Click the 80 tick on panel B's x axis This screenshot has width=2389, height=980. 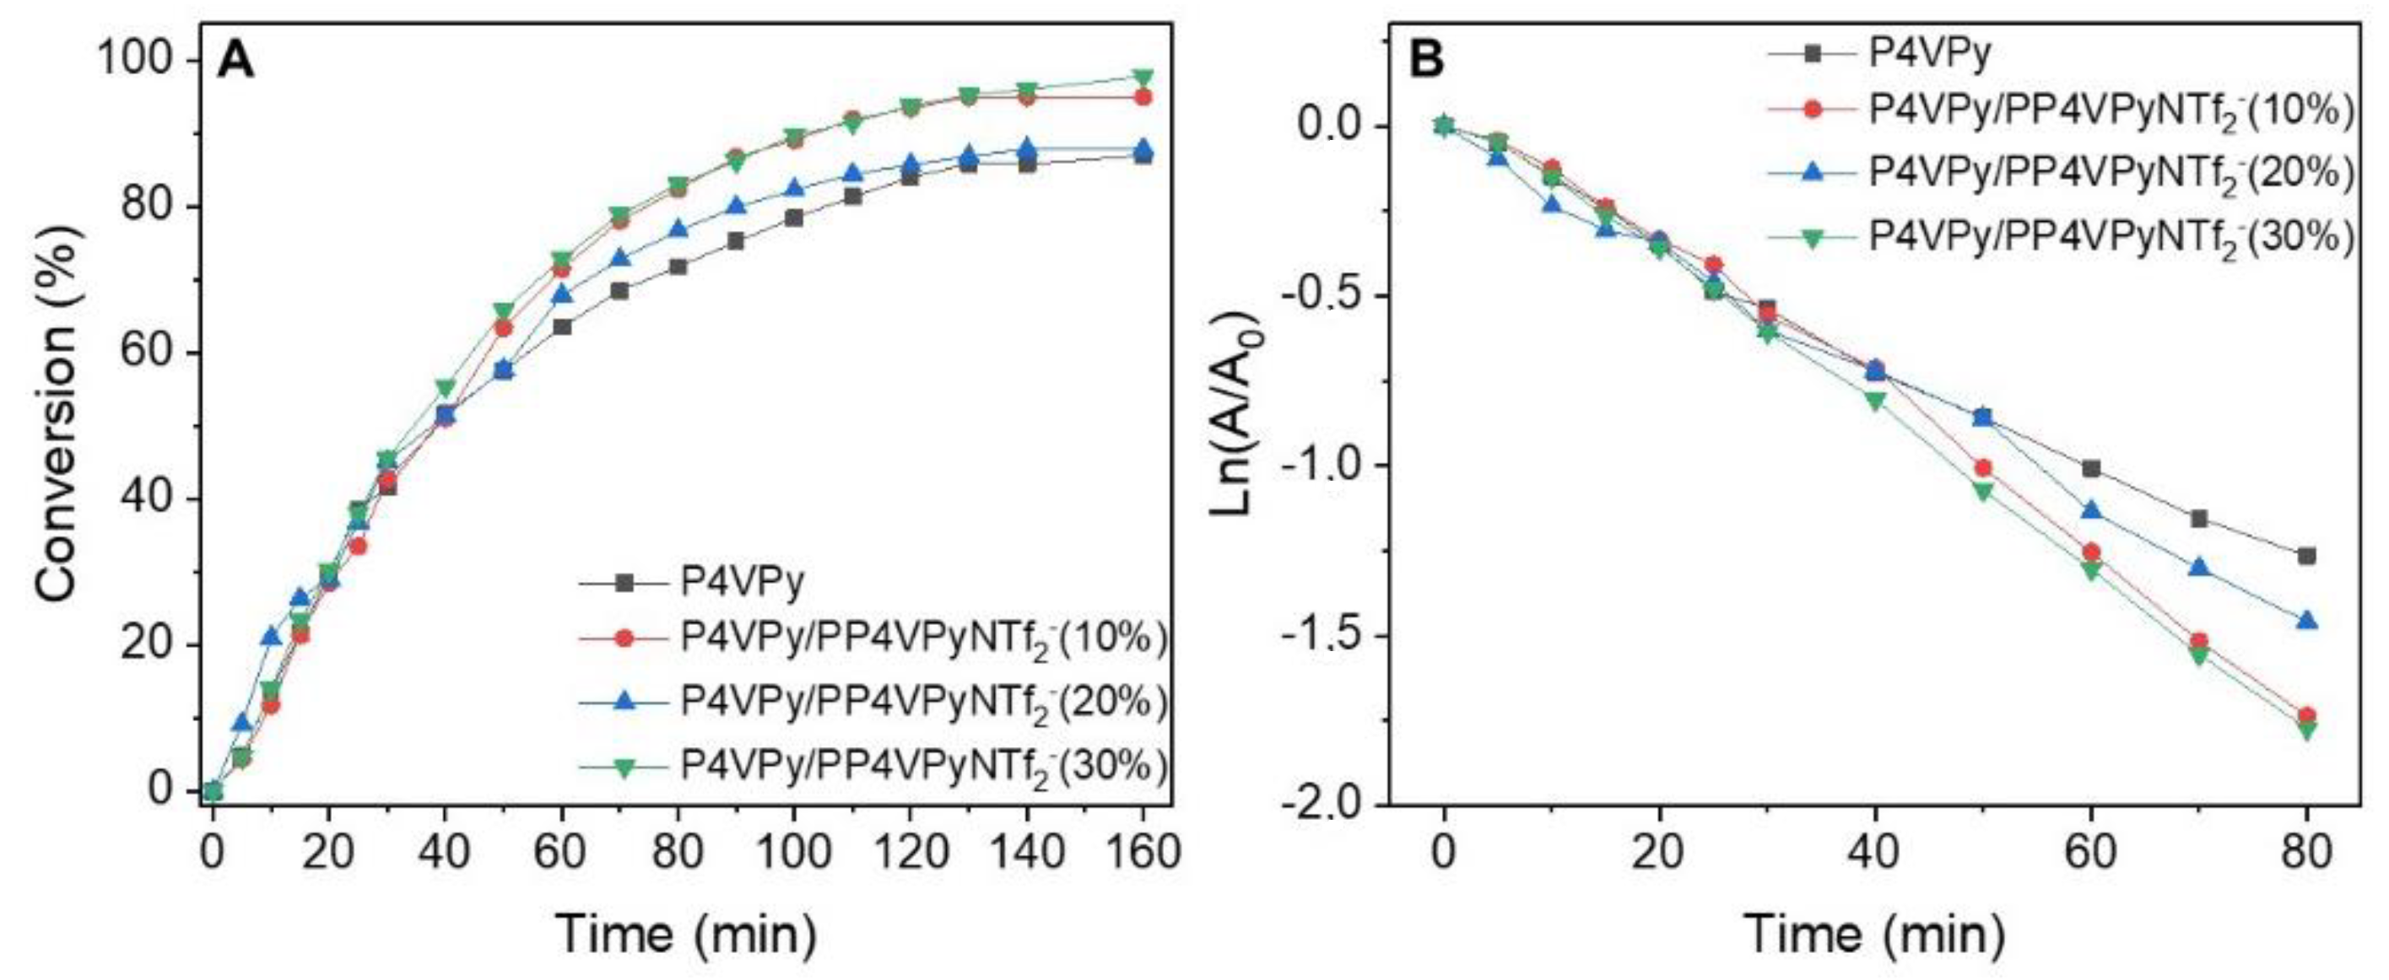(x=2306, y=851)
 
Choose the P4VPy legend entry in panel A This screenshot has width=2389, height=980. (x=742, y=582)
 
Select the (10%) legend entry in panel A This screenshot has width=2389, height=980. (x=922, y=640)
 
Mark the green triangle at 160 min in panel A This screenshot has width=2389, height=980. (x=1143, y=77)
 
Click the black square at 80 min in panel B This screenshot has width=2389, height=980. (x=2306, y=556)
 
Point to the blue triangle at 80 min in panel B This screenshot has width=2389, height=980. (x=2306, y=620)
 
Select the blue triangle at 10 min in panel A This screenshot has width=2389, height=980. (x=271, y=636)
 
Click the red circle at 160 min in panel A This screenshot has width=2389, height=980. (x=1143, y=97)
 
